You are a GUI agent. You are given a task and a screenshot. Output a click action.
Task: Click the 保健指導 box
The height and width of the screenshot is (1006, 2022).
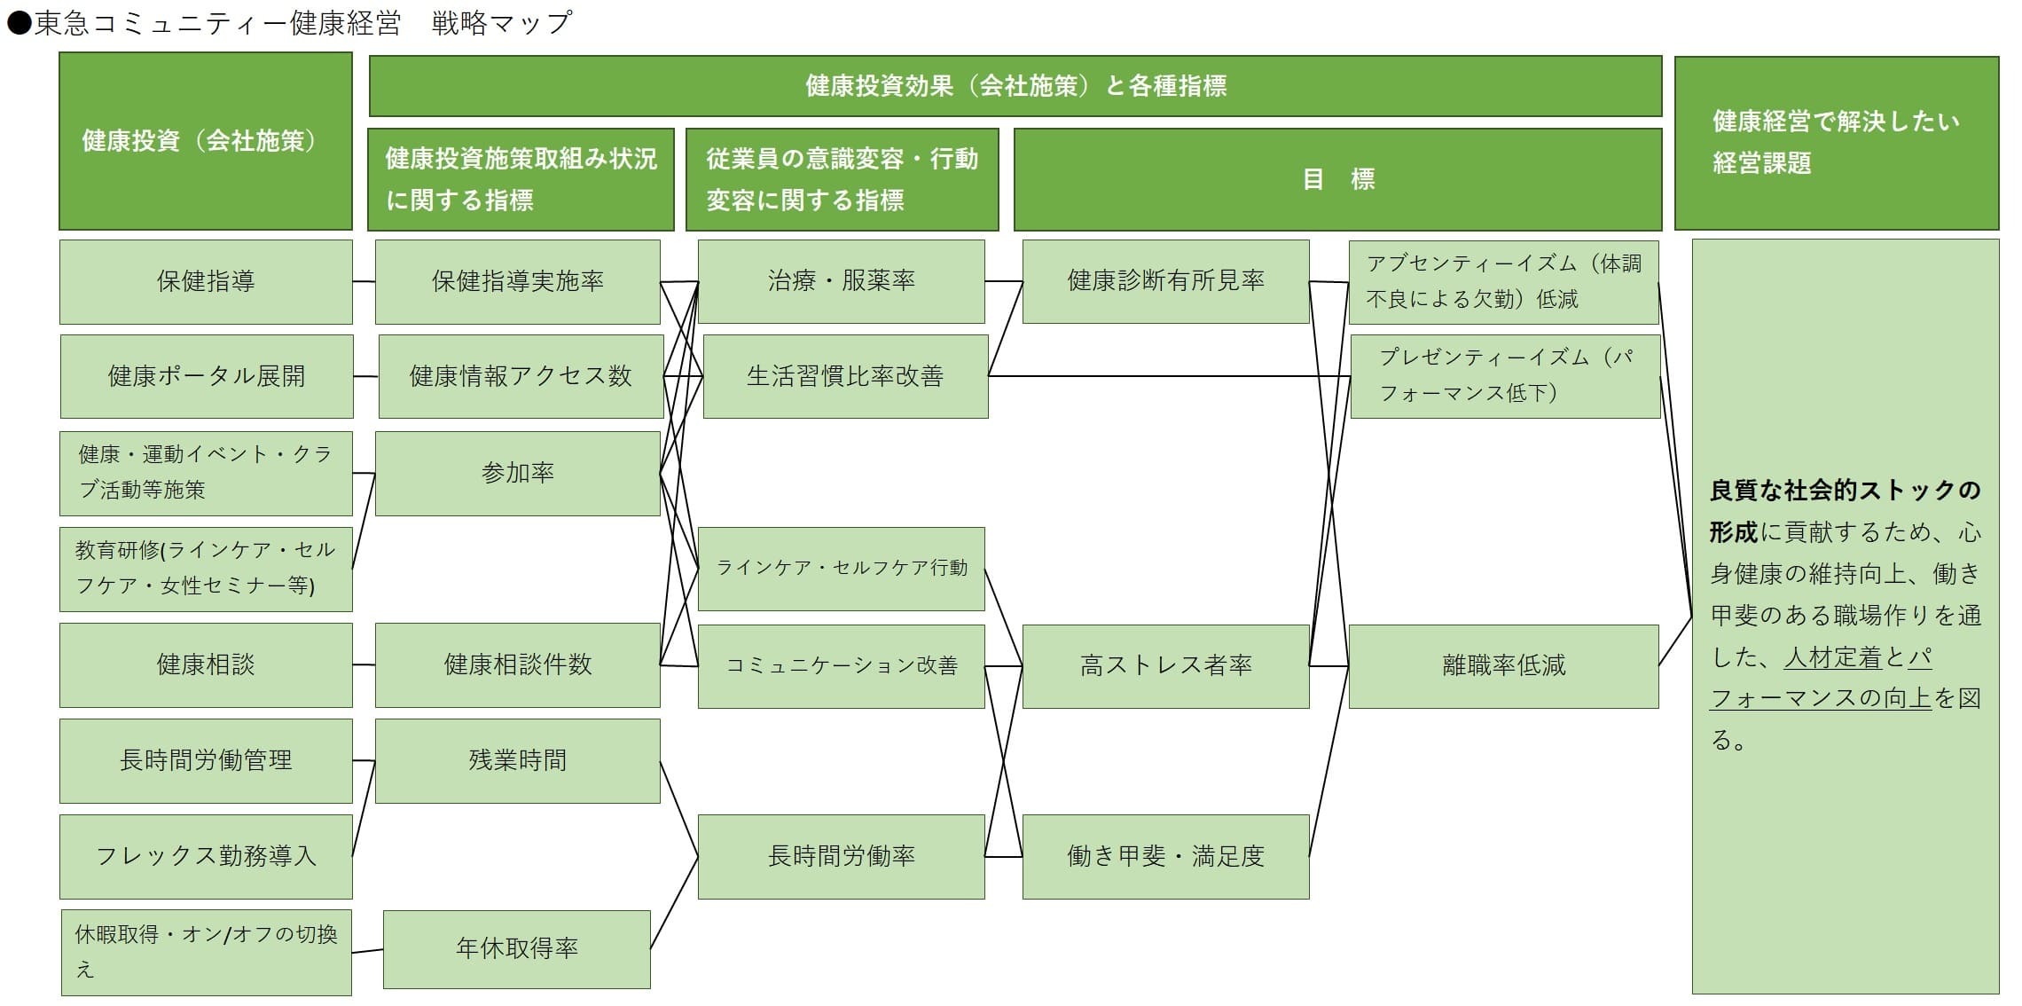[206, 281]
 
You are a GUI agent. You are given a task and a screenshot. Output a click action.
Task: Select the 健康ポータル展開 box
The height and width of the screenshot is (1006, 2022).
[207, 376]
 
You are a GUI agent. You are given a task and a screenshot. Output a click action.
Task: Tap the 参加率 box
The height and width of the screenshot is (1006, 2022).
[518, 473]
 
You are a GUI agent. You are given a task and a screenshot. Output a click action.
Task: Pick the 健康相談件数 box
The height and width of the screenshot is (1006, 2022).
[518, 664]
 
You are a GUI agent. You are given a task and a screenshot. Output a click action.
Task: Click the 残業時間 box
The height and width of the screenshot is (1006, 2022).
[518, 760]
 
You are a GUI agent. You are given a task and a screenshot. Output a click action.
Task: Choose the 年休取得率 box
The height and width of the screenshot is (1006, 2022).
[517, 948]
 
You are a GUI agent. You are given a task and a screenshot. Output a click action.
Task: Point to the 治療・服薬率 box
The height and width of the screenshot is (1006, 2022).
[842, 281]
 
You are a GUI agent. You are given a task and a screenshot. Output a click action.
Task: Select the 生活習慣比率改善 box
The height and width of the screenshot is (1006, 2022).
[845, 376]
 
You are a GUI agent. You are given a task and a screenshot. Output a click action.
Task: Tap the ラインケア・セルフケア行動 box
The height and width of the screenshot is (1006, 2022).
[842, 569]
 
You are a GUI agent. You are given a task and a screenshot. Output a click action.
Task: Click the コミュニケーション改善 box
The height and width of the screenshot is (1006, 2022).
[842, 666]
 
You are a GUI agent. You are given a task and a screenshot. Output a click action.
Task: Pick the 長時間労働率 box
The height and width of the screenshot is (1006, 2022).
[842, 856]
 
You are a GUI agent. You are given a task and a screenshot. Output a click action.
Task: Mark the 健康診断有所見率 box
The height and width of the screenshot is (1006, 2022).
[1166, 281]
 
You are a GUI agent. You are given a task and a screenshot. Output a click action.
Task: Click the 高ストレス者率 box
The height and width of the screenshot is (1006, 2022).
[1166, 666]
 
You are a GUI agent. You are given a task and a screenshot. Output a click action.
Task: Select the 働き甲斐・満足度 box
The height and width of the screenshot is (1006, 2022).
[1166, 856]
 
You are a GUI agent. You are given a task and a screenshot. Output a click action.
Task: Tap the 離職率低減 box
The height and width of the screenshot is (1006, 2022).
[1504, 666]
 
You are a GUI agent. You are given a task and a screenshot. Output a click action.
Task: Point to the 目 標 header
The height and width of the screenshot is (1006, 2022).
[1338, 179]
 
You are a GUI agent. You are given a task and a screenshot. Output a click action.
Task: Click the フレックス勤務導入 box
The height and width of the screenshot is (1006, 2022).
[206, 856]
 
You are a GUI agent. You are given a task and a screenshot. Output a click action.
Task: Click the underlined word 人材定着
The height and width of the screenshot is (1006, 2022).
[1832, 657]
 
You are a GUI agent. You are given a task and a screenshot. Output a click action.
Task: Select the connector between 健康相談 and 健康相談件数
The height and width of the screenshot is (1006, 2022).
[364, 664]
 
